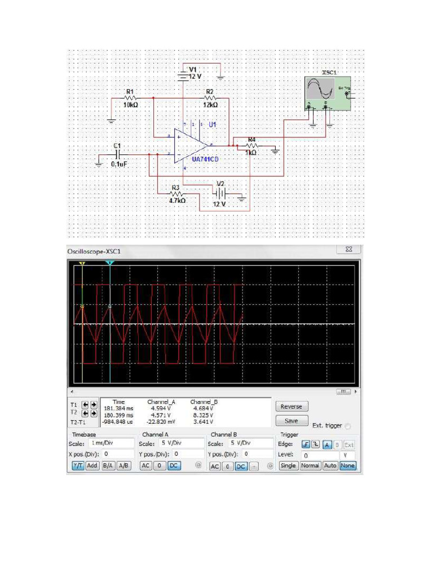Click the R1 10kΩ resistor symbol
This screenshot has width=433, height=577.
130,98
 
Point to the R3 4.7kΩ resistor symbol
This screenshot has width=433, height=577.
176,194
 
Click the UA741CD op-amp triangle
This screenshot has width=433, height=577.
189,145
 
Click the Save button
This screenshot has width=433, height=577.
291,421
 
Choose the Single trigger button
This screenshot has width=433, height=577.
288,466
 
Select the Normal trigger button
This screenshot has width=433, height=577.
310,466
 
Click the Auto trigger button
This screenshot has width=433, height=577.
330,466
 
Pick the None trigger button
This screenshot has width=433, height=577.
347,466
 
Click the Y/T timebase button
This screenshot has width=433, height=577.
77,466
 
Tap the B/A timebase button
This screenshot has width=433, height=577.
108,466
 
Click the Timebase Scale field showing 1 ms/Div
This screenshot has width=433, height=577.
112,443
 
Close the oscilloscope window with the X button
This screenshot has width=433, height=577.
348,250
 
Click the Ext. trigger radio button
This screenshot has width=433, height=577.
348,426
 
